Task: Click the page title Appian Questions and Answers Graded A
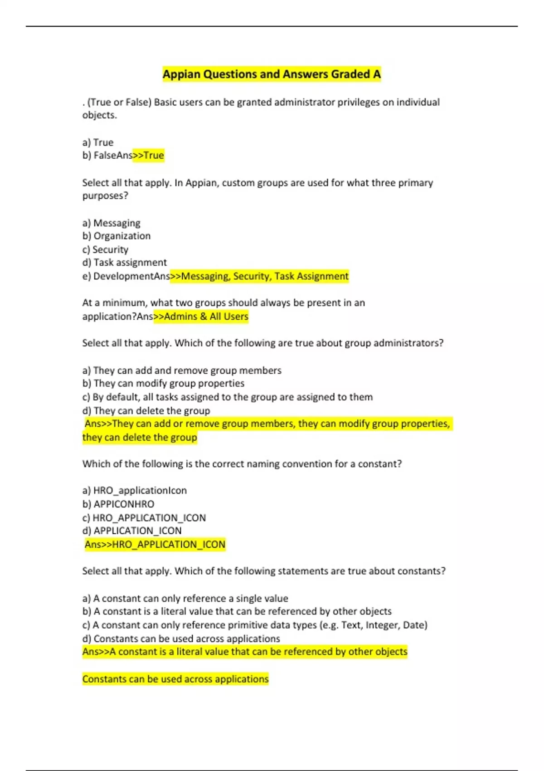(x=272, y=74)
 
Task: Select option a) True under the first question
(x=98, y=142)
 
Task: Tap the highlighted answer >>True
(x=148, y=156)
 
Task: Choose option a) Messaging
(x=112, y=223)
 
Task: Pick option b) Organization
(x=117, y=236)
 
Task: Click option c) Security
(x=105, y=249)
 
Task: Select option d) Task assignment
(x=125, y=263)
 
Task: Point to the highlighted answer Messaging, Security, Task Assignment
(x=260, y=276)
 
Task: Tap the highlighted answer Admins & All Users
(x=201, y=317)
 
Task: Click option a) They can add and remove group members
(x=182, y=371)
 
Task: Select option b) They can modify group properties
(x=163, y=384)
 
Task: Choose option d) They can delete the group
(x=146, y=411)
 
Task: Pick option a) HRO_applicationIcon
(x=135, y=491)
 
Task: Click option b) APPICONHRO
(x=118, y=504)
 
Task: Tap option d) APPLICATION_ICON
(x=132, y=531)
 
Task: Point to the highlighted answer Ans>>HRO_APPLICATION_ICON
(x=155, y=545)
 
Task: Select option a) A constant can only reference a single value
(x=185, y=599)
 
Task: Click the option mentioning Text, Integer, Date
(x=255, y=625)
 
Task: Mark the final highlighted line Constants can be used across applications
(x=175, y=679)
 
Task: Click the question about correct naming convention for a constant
(x=242, y=464)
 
